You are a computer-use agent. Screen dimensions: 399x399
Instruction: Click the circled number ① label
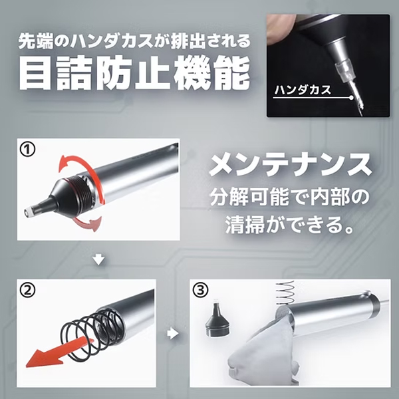pos(27,150)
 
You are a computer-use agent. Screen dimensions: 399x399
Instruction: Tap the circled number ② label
pos(27,291)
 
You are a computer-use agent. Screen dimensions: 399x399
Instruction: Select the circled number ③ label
pos(201,290)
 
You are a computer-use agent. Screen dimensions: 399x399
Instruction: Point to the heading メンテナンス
pos(290,164)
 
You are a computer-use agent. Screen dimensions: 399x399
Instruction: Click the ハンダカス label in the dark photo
pos(303,90)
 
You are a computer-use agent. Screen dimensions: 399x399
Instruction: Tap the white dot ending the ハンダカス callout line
pos(351,98)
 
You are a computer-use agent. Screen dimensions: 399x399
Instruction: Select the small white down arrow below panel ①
pos(98,260)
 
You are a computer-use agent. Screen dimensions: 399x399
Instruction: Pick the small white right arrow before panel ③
pos(173,334)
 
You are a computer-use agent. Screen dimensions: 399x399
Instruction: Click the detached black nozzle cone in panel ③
pos(217,320)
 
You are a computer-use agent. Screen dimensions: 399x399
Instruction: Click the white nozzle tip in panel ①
pos(29,212)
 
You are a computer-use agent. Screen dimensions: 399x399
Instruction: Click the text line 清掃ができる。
pos(289,225)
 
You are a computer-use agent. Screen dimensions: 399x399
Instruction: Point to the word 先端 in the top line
pos(36,41)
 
